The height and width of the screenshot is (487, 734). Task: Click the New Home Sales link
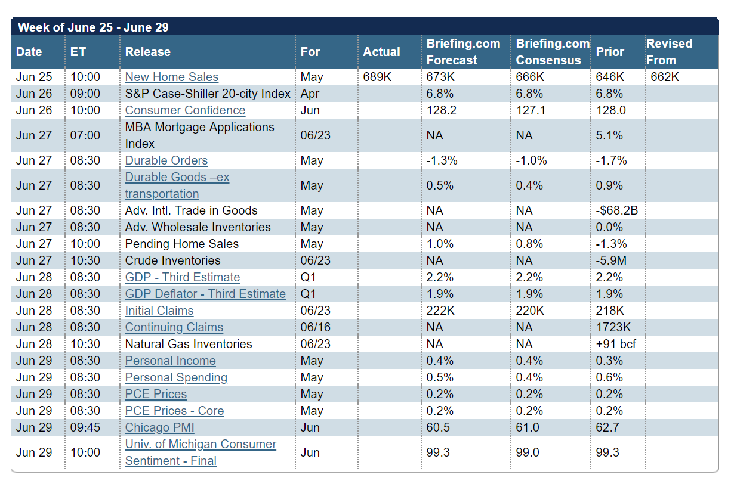tap(171, 77)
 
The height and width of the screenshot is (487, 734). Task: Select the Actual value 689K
tap(377, 77)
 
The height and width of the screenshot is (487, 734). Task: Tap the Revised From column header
tap(669, 52)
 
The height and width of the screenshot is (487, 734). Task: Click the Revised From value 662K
tap(665, 77)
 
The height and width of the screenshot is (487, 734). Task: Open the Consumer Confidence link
tap(185, 110)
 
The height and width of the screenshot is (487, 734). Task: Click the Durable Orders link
tap(166, 160)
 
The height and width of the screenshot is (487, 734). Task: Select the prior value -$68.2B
tap(617, 210)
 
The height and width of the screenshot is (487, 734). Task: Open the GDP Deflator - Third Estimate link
tap(205, 294)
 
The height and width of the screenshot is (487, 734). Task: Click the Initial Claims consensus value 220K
tap(530, 311)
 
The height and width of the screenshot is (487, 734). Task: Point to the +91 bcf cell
tap(616, 344)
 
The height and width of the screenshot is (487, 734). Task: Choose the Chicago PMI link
tap(159, 427)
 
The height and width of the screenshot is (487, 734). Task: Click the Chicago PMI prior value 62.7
tap(607, 427)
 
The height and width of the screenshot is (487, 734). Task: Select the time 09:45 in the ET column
tap(85, 427)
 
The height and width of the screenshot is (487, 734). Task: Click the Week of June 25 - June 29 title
tap(93, 27)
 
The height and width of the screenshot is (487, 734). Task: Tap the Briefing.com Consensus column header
tap(553, 52)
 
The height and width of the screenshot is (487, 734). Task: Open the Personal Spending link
tap(176, 377)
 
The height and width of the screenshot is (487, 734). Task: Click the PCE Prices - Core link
tap(174, 411)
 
